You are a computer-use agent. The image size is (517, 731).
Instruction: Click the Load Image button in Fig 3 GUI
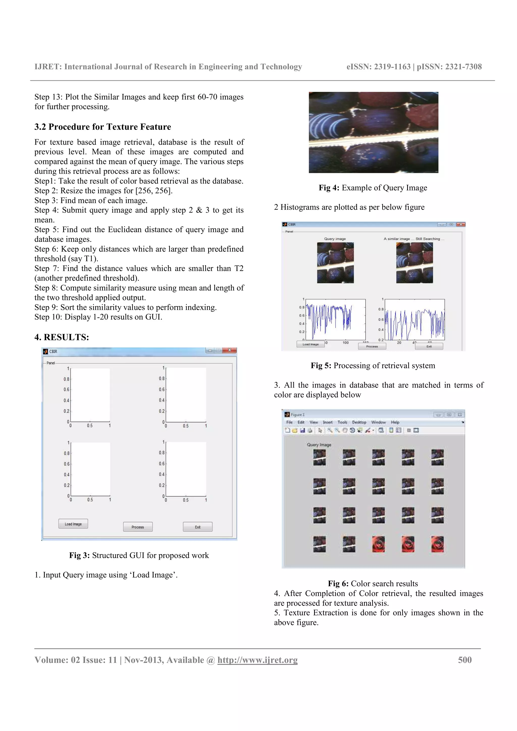(73, 524)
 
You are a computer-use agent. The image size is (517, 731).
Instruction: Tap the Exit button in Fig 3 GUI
(197, 527)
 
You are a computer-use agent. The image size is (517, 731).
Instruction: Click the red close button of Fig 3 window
(229, 350)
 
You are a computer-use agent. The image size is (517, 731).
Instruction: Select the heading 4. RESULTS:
(62, 337)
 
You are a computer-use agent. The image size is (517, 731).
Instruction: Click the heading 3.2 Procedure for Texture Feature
(102, 127)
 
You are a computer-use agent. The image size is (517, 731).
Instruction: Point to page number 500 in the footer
(464, 660)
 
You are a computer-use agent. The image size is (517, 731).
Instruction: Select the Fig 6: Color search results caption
(373, 583)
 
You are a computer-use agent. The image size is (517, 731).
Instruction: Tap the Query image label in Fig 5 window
(335, 239)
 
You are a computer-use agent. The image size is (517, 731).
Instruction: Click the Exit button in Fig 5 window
(429, 346)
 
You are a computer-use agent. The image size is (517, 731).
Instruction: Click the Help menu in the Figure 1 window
(395, 422)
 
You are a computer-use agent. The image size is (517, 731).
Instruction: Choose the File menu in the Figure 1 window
(289, 422)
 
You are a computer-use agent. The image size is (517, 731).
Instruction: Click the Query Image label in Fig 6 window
(319, 444)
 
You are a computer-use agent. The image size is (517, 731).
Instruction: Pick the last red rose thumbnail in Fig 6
(437, 544)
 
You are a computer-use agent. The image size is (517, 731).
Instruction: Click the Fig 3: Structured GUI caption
(139, 555)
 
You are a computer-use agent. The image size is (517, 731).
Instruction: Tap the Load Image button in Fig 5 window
(310, 344)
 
